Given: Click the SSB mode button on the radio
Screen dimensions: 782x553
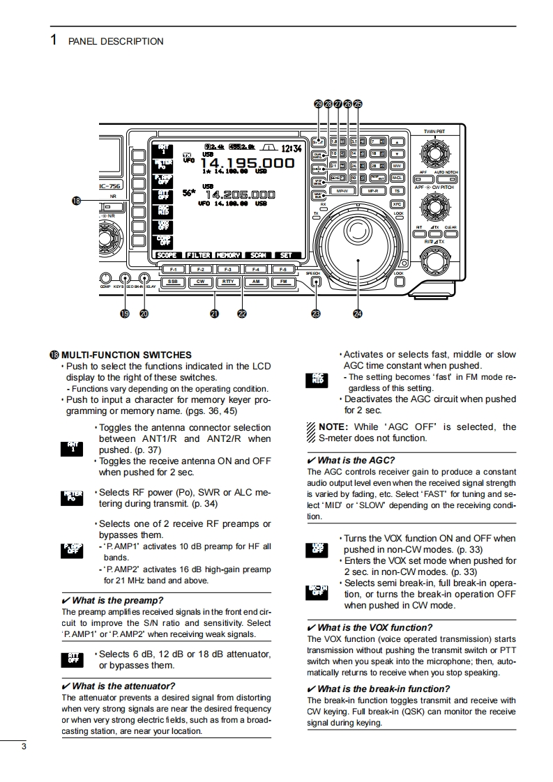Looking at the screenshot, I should point(172,282).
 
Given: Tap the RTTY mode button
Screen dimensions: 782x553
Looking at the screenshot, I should point(227,282).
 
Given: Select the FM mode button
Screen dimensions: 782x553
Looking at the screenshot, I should point(283,282).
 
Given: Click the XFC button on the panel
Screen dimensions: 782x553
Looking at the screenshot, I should point(397,204).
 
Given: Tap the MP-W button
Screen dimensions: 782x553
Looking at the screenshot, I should point(342,190).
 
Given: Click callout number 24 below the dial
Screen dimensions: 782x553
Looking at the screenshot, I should point(358,314).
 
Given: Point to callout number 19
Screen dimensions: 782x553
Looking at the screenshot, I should point(125,314).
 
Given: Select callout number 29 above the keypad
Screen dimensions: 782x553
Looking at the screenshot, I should point(319,104).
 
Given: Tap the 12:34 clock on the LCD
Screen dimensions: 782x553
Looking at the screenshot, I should point(292,148).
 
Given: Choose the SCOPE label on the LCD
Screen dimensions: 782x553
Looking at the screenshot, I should point(167,255).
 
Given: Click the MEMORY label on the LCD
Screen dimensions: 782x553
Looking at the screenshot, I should point(227,255).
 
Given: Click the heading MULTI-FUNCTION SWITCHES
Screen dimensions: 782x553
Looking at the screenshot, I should point(126,355).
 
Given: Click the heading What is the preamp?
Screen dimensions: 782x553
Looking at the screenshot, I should point(117,600).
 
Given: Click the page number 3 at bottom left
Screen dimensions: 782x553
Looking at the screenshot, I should point(24,748).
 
